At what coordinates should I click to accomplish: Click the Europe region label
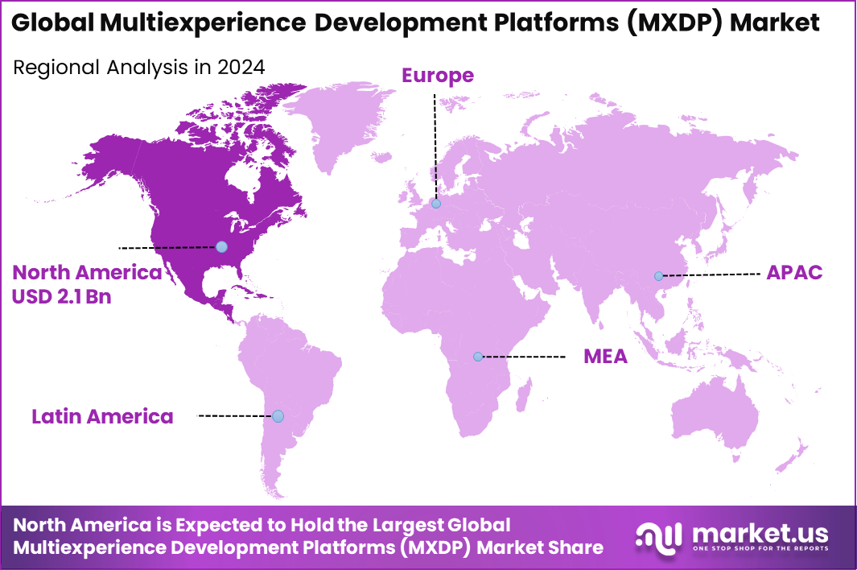coord(438,76)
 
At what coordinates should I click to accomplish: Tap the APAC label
coord(794,272)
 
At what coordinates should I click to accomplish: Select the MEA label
coord(605,356)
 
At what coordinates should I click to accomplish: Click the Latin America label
coord(102,416)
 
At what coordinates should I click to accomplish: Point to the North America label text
coord(87,273)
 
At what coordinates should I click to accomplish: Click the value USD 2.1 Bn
coord(61,296)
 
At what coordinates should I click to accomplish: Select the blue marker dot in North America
coord(221,246)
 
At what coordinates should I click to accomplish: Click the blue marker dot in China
coord(658,276)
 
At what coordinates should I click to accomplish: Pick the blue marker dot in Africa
coord(478,356)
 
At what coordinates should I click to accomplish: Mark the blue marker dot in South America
coord(278,416)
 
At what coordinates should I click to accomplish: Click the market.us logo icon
coord(659,536)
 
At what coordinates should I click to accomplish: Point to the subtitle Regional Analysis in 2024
coord(138,68)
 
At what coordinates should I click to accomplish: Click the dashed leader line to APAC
coord(712,275)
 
